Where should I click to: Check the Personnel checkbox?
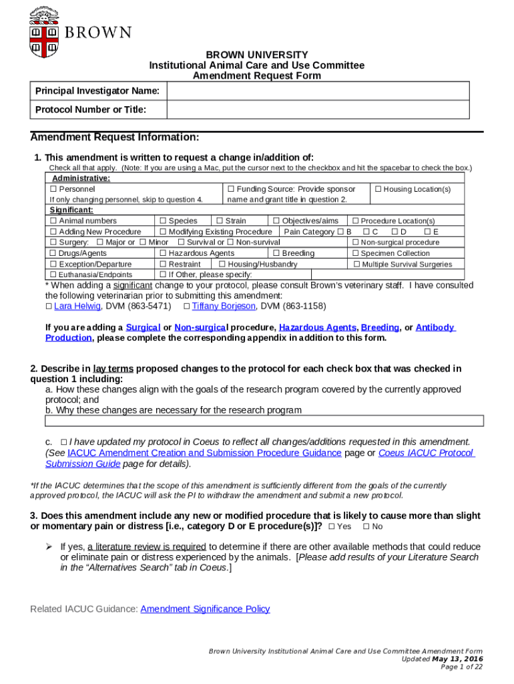click(53, 190)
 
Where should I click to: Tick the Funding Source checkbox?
click(231, 190)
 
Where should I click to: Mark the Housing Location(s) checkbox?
click(378, 190)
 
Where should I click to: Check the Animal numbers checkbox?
click(53, 221)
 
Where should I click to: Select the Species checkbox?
click(162, 221)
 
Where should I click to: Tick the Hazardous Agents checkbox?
click(162, 253)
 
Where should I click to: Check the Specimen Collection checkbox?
click(355, 253)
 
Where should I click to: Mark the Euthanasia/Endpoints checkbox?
click(53, 275)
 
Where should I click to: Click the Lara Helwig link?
click(77, 306)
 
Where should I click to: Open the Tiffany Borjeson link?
click(223, 306)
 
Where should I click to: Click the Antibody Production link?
click(435, 327)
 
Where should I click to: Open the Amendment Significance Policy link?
click(205, 609)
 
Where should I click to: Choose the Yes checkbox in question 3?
click(332, 526)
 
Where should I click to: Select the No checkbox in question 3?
click(366, 526)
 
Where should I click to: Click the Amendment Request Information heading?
click(115, 138)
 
